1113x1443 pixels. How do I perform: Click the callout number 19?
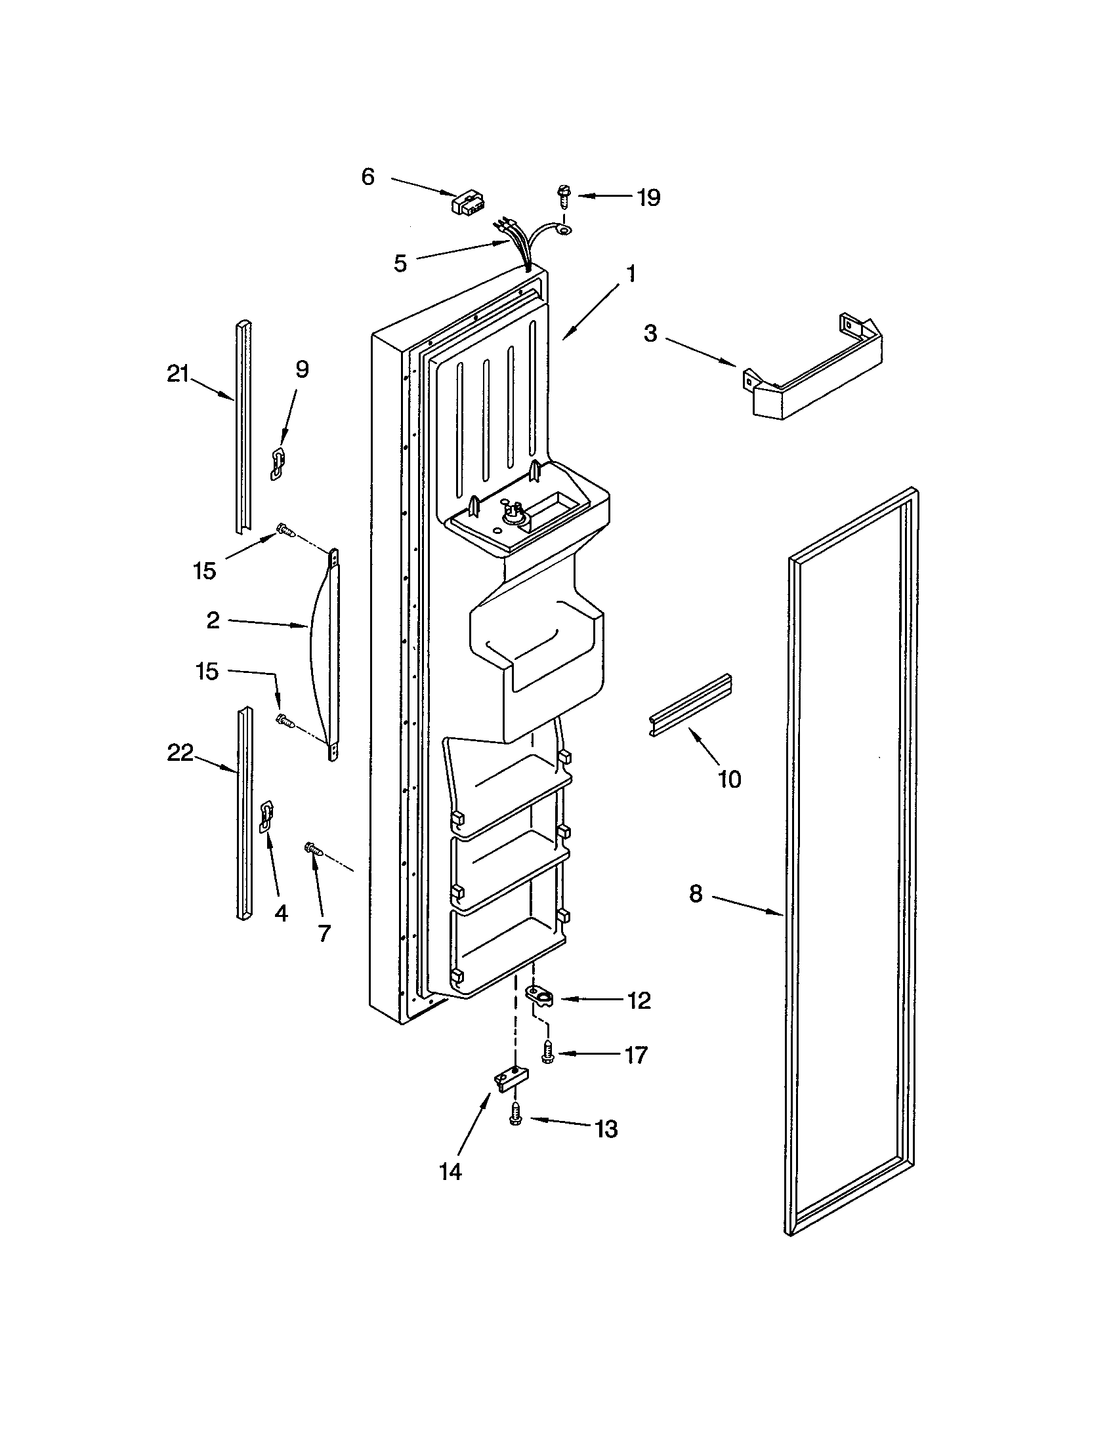(x=648, y=197)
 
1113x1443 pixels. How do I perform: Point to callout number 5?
(x=400, y=264)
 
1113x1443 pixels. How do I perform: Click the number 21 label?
(x=177, y=375)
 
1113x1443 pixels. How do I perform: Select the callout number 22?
(x=180, y=752)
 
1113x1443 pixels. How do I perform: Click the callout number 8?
(x=696, y=894)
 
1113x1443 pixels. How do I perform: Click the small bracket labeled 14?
(x=513, y=1079)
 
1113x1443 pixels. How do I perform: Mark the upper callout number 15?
(x=205, y=571)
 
